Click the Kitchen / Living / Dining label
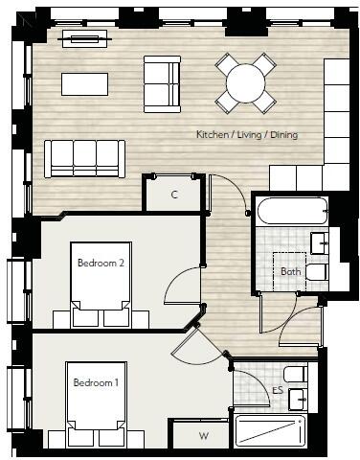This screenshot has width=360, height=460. click(246, 134)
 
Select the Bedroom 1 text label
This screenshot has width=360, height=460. click(97, 382)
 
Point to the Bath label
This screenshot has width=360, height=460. click(291, 271)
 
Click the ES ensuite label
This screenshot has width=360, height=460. click(277, 391)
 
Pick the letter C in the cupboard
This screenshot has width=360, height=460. click(173, 195)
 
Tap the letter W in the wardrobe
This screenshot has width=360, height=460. click(203, 437)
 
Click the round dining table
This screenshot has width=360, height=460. click(246, 83)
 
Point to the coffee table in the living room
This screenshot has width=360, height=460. click(85, 84)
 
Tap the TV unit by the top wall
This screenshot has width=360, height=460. click(85, 39)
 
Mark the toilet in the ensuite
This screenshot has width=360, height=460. click(296, 373)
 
